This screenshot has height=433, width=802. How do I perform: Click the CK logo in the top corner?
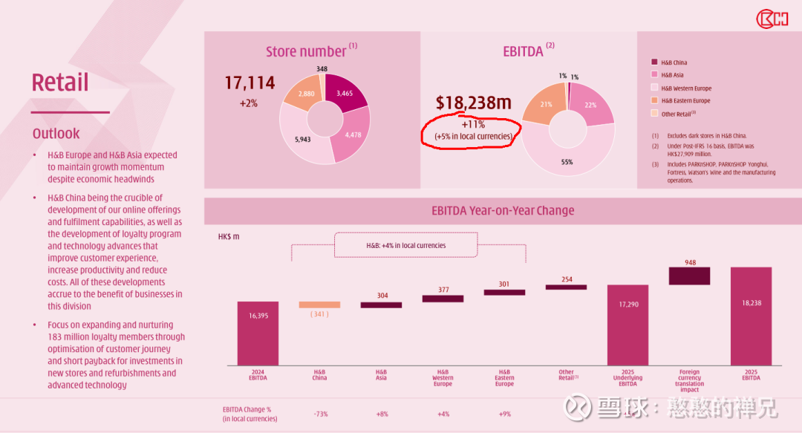point(772,19)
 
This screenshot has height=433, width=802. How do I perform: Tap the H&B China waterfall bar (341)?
point(319,305)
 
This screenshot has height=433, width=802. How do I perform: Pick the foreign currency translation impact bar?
point(689,276)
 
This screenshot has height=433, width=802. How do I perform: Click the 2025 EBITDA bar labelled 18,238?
point(751,316)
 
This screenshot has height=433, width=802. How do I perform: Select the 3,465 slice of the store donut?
point(345,93)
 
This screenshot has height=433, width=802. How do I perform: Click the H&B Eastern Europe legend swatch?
point(654,101)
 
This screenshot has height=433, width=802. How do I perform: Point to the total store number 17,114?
point(250,82)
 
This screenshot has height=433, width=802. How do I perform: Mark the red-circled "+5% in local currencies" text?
point(474,136)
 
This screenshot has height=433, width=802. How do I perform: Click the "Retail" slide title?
point(60,82)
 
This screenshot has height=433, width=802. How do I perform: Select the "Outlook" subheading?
point(56,134)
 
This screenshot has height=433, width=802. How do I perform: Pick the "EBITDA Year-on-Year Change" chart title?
point(503,210)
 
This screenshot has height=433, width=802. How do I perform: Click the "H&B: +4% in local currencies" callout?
point(406,245)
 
